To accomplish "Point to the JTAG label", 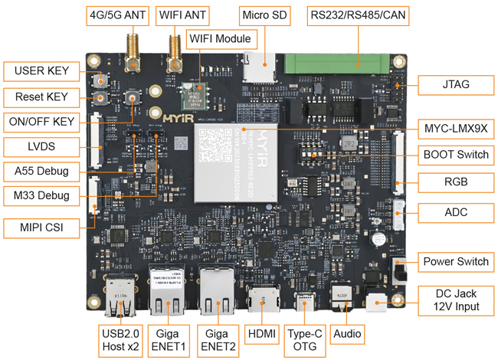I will click(x=454, y=85).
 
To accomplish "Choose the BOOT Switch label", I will click(x=454, y=154).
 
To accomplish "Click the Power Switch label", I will click(x=454, y=261).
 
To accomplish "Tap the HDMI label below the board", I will click(x=262, y=335).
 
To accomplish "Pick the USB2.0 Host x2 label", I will click(x=121, y=341).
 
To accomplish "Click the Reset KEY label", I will click(x=41, y=97).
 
